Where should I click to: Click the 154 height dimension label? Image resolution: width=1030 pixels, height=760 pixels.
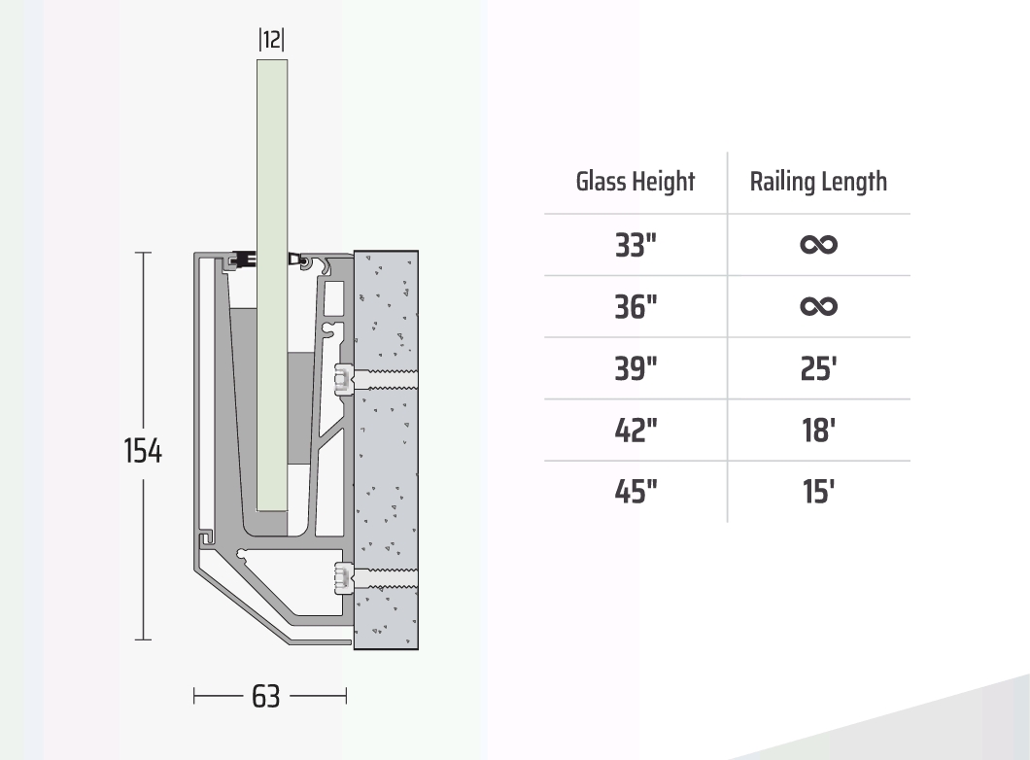[143, 451]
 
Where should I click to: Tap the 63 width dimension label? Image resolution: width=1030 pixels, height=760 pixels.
[266, 696]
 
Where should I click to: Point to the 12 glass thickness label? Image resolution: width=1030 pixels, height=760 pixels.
[271, 40]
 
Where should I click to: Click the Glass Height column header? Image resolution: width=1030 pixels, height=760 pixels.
[635, 182]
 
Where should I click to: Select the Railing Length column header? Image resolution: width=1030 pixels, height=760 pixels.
[818, 182]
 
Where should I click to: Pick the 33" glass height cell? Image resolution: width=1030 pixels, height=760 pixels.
[635, 245]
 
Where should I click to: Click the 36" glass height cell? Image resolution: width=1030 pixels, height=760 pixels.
[635, 307]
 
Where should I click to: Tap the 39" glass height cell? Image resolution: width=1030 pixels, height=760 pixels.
[635, 368]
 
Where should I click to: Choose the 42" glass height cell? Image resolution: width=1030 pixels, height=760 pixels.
[635, 431]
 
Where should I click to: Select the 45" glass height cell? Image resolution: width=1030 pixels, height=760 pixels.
[635, 492]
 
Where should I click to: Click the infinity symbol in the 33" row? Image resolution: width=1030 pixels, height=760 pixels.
[818, 245]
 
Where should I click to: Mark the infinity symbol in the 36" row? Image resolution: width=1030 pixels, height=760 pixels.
[818, 306]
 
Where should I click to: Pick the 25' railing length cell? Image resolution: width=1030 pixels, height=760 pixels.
[818, 368]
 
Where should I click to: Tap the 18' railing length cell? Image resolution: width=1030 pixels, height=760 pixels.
[818, 431]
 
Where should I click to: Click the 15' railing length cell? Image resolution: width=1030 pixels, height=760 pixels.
[818, 492]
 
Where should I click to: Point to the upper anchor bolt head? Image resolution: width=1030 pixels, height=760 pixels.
[344, 379]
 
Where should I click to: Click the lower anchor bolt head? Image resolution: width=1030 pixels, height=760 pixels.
[344, 578]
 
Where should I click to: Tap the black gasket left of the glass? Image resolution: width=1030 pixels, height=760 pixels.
[242, 259]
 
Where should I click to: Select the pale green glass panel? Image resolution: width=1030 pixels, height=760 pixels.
[272, 285]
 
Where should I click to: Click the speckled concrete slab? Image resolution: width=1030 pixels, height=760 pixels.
[387, 450]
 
